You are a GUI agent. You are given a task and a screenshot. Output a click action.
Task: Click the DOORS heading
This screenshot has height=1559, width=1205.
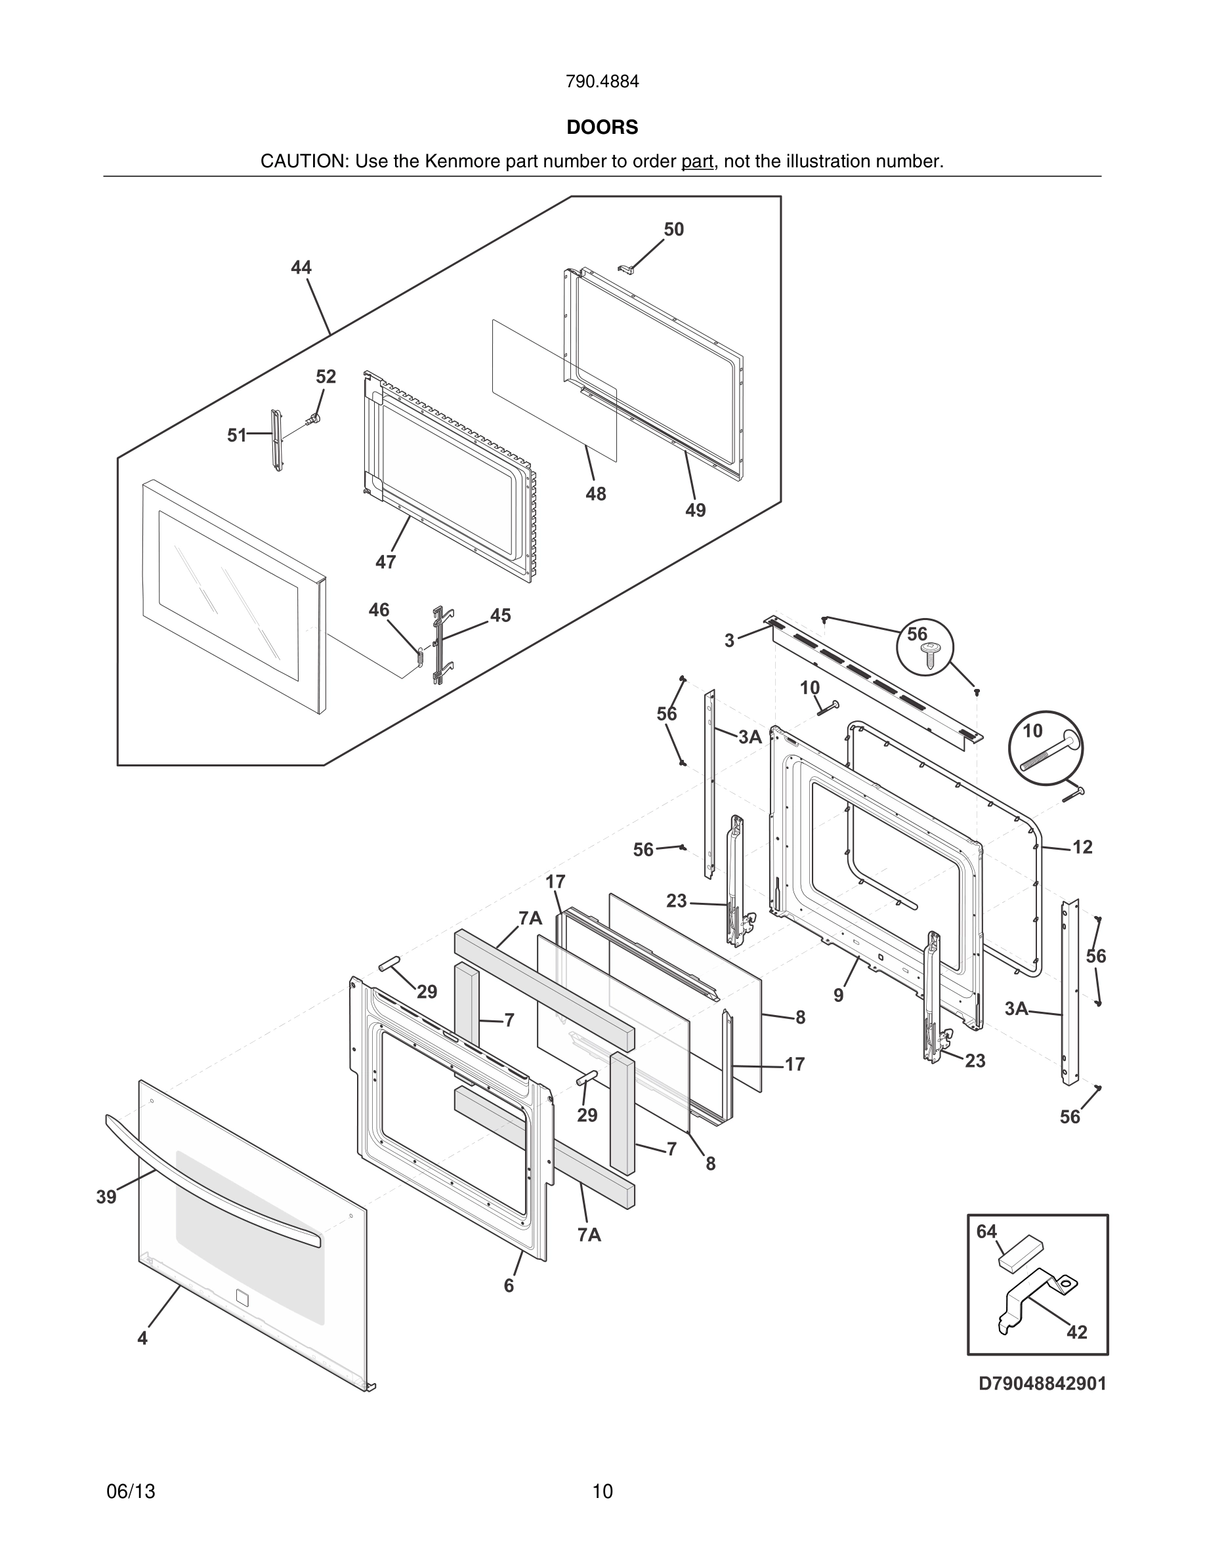pyautogui.click(x=602, y=127)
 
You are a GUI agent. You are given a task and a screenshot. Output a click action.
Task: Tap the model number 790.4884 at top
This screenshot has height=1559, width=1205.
pyautogui.click(x=602, y=82)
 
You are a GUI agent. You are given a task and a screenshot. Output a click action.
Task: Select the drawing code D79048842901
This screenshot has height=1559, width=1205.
pyautogui.click(x=1042, y=1403)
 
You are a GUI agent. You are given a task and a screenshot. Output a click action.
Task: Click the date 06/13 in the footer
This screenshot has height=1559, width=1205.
pyautogui.click(x=131, y=1491)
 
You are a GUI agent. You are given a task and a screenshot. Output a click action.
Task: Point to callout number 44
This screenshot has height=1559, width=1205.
pyautogui.click(x=301, y=268)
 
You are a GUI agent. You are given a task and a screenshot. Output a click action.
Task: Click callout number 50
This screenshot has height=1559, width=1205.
pyautogui.click(x=673, y=229)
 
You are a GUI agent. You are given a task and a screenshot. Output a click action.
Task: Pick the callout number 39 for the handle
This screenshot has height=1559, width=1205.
pyautogui.click(x=106, y=1197)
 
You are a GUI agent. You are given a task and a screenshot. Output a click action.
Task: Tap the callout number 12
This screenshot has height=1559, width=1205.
pyautogui.click(x=1082, y=846)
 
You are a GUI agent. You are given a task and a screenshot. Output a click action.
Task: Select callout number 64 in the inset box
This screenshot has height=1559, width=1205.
pyautogui.click(x=986, y=1232)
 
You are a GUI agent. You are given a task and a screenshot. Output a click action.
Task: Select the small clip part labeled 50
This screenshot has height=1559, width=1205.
pyautogui.click(x=626, y=268)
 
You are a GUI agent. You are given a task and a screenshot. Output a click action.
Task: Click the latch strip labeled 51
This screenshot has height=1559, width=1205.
pyautogui.click(x=276, y=440)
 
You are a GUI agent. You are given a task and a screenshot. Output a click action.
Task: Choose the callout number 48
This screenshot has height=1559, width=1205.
pyautogui.click(x=595, y=494)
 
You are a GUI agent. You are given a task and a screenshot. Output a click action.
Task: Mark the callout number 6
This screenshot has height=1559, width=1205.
pyautogui.click(x=508, y=1285)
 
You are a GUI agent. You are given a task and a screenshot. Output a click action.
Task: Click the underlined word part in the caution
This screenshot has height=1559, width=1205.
pyautogui.click(x=697, y=162)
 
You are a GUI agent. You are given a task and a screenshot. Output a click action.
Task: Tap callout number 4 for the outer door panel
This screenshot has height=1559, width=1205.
pyautogui.click(x=143, y=1339)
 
